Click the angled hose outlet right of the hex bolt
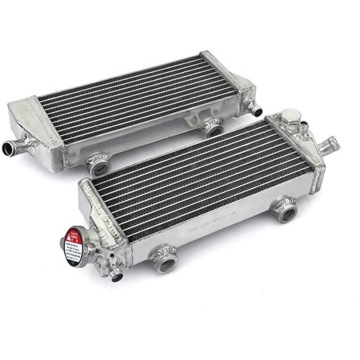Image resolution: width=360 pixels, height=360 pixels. pyautogui.click(x=331, y=143)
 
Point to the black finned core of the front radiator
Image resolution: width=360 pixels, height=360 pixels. pyautogui.click(x=201, y=176)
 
